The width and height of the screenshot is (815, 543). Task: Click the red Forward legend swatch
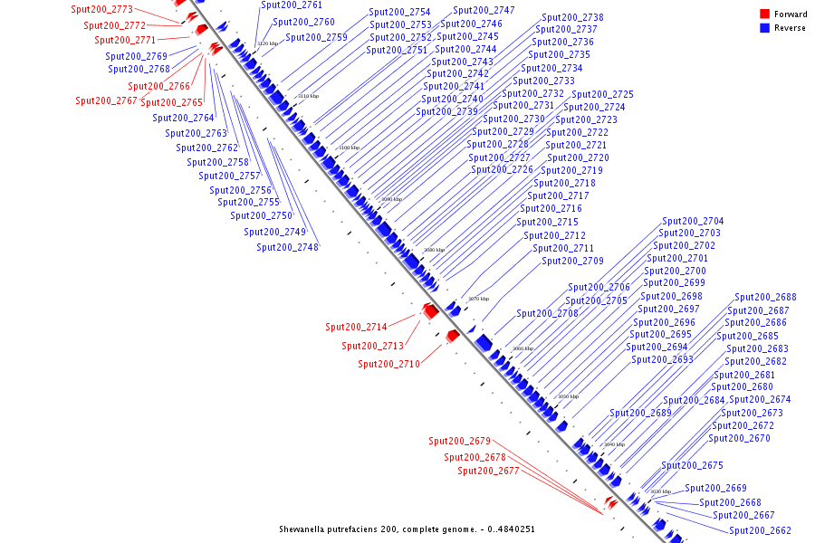[x=765, y=14]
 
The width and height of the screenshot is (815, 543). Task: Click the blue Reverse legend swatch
[x=765, y=28]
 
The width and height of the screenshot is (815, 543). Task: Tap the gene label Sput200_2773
[x=101, y=10]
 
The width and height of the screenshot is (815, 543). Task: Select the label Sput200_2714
[x=356, y=327]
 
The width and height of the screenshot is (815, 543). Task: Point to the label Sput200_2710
[x=388, y=364]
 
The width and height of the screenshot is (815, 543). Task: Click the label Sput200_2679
[x=459, y=441]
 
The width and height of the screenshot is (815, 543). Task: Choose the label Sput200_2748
[x=287, y=247]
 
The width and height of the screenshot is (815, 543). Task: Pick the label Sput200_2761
[x=292, y=5]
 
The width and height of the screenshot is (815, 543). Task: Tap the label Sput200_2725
[x=602, y=94]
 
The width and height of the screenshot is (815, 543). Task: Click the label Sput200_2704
[x=693, y=221]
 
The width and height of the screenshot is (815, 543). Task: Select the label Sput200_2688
[x=765, y=297]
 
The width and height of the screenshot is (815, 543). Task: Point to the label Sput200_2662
[x=760, y=530]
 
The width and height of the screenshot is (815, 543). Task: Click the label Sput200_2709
[x=572, y=261]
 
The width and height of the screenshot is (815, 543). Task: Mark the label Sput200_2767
[x=106, y=100]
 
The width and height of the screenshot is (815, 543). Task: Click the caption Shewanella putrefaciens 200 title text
[x=413, y=529]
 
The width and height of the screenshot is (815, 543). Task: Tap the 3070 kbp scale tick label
[x=478, y=299]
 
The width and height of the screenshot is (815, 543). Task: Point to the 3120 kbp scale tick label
[x=267, y=43]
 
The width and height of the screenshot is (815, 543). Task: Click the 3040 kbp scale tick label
[x=614, y=444]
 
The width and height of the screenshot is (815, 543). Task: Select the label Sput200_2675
[x=692, y=465]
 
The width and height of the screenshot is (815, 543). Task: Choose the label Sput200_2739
[x=446, y=111]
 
